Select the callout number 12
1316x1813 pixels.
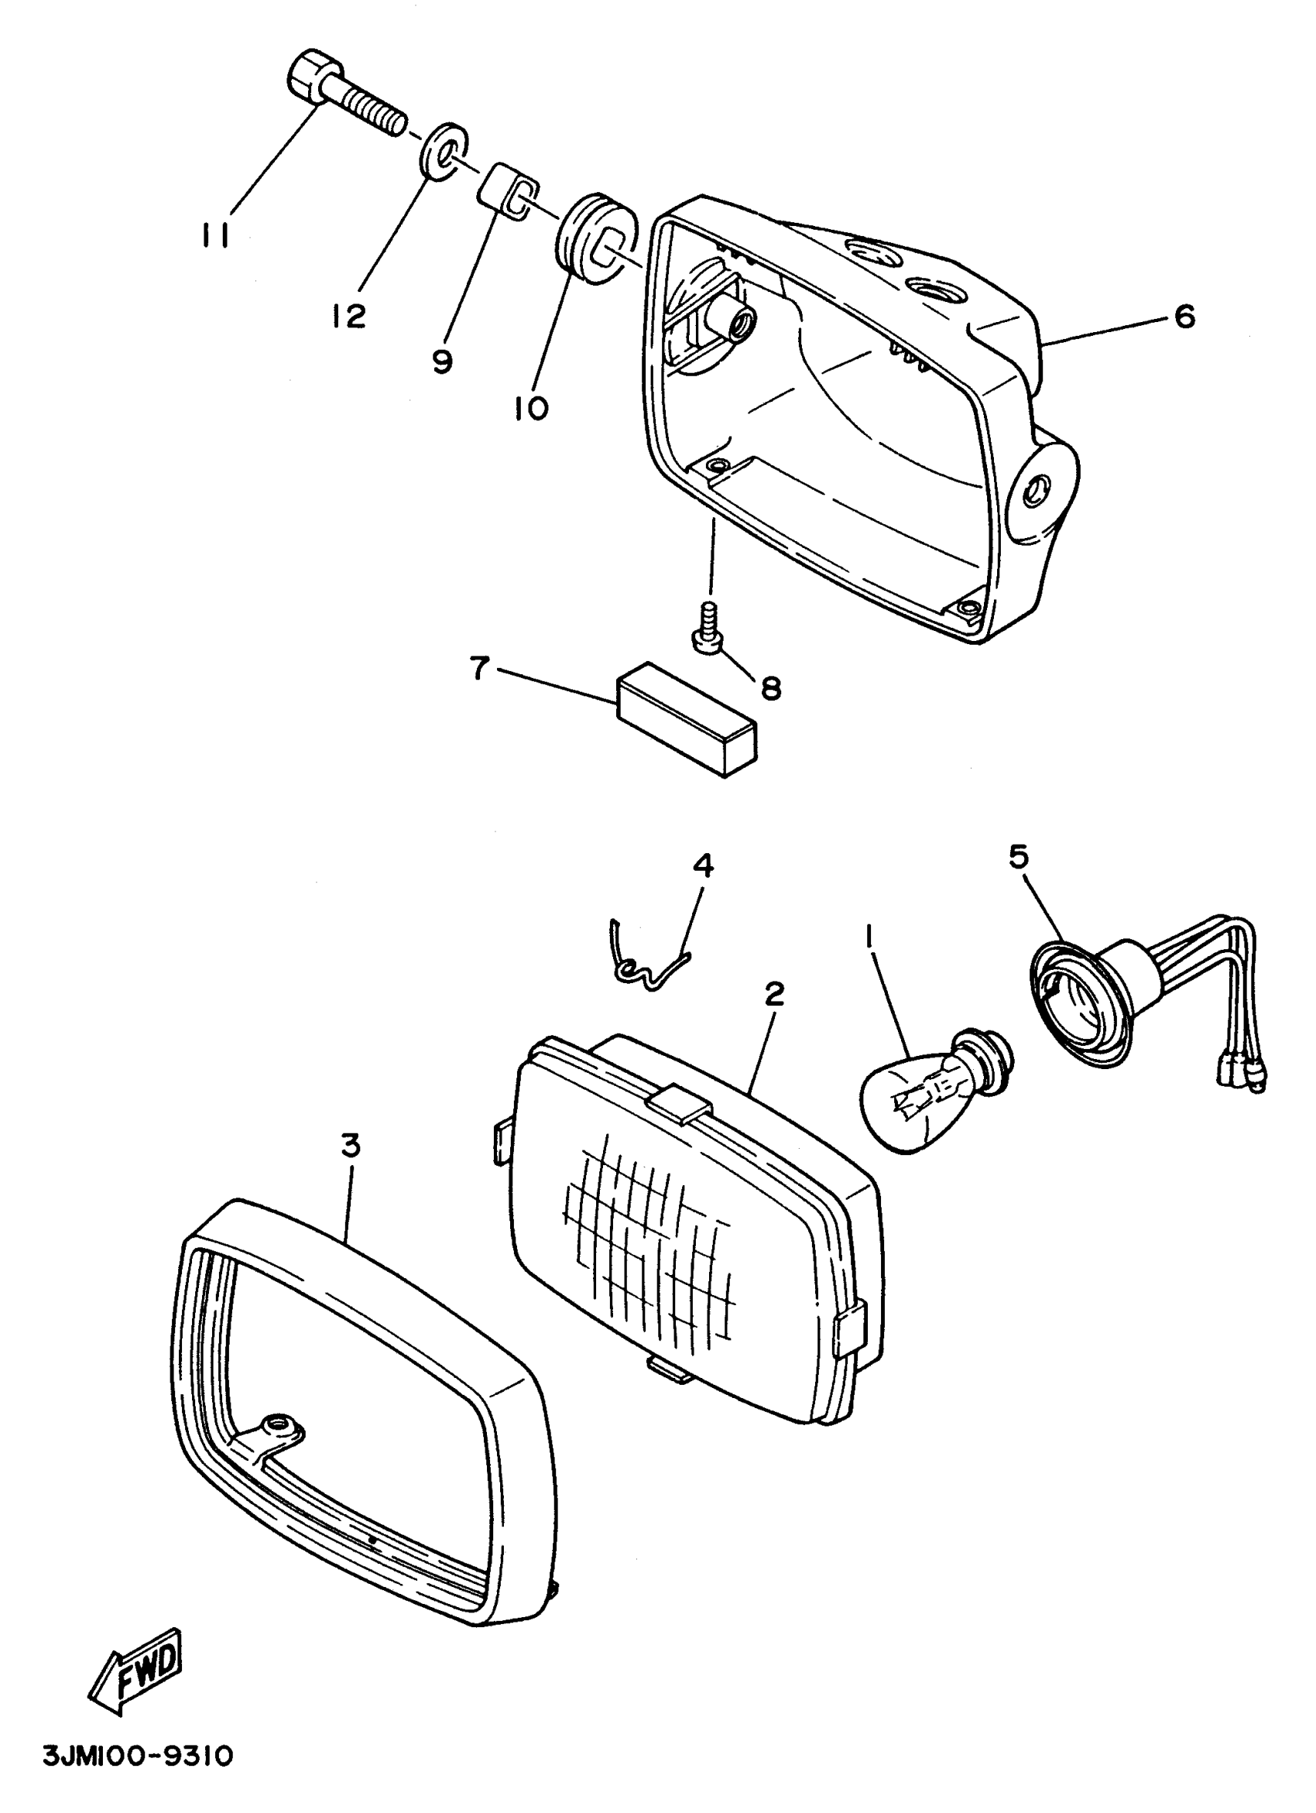[348, 316]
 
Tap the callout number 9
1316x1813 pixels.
[441, 361]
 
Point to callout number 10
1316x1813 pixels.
[531, 408]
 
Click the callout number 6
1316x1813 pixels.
[1184, 317]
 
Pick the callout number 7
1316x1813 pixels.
[479, 667]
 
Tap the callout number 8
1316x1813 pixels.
[771, 687]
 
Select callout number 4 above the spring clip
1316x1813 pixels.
[703, 865]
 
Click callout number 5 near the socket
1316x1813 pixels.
[1018, 856]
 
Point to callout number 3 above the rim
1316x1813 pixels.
[350, 1146]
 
